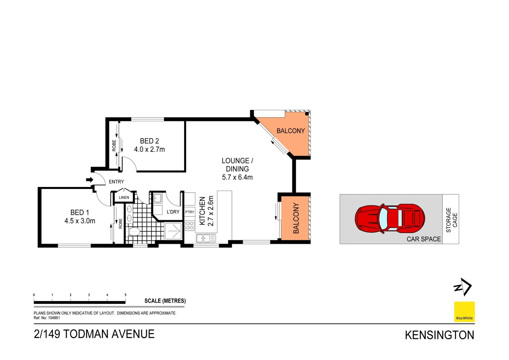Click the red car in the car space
(389, 219)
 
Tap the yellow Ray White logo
(464, 312)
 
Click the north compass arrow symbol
(463, 287)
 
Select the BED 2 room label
(149, 141)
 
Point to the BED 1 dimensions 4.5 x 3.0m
(80, 221)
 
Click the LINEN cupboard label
(124, 198)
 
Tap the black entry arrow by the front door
(89, 180)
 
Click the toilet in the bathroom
(134, 231)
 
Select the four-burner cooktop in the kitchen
(190, 225)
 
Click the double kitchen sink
(206, 238)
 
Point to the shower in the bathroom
(173, 231)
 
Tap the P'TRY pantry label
(190, 212)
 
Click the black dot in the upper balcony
(307, 114)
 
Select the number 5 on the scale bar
(126, 295)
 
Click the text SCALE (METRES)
(165, 301)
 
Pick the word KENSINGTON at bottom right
(439, 335)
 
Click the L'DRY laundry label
(173, 212)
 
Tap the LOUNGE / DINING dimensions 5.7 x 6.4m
(237, 177)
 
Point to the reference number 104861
(54, 318)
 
